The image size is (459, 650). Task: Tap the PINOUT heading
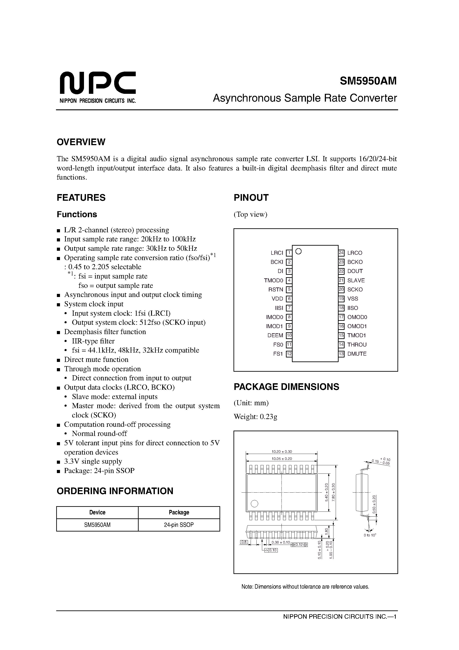coord(251,198)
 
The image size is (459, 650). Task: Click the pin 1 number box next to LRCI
coord(289,253)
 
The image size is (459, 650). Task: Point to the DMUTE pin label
coord(357,354)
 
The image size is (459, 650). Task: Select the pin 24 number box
coord(341,253)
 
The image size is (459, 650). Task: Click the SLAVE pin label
coord(356,280)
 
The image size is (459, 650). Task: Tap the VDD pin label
coord(277,299)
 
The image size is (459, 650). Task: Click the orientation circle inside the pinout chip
coord(298,251)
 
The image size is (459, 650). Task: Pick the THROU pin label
coord(357,345)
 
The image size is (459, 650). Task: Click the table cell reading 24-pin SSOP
coord(179,525)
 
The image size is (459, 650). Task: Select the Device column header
coord(97,512)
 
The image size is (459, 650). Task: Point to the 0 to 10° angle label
coord(370,535)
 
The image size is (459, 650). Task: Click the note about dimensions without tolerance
coord(305,587)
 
